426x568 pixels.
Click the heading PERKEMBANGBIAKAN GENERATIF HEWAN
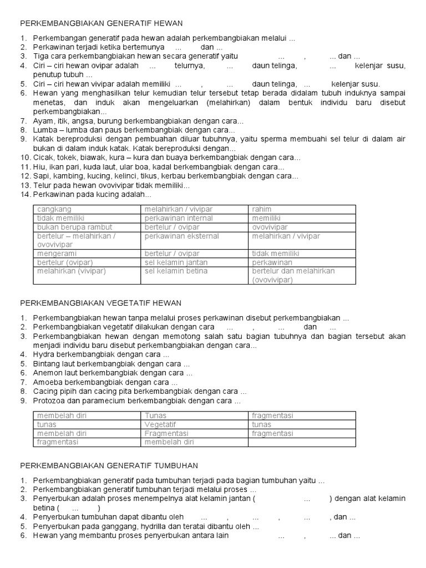102,23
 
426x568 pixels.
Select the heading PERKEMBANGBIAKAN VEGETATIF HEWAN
100,303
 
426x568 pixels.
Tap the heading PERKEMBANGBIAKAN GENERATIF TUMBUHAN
109,465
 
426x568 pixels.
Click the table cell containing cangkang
87,209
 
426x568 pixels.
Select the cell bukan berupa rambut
87,227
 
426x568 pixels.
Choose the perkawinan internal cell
194,219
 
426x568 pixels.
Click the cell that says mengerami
87,253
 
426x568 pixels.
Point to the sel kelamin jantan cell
194,262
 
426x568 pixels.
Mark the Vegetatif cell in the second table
194,424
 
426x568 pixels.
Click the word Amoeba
46,383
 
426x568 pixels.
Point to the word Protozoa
48,401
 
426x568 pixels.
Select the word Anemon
46,373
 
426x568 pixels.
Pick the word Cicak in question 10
42,158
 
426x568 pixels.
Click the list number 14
24,195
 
